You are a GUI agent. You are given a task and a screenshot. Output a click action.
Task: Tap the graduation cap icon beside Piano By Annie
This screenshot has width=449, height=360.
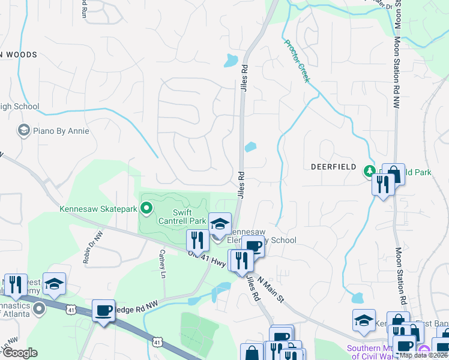(x=23, y=130)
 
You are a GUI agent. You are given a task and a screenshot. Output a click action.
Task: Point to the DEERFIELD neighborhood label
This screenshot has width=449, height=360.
(x=333, y=166)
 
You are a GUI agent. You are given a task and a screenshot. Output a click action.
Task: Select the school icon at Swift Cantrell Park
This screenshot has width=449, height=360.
(x=220, y=224)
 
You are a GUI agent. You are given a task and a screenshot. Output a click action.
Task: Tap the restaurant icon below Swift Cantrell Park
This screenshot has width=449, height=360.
(x=197, y=241)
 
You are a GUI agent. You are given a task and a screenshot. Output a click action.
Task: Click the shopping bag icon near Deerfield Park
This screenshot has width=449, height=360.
(x=393, y=175)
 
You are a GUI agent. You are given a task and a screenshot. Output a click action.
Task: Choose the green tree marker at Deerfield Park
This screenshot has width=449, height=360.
(x=370, y=172)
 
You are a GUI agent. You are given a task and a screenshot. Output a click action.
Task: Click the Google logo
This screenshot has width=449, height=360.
(x=20, y=353)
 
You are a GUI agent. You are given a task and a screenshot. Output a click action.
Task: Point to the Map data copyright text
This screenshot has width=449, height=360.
(x=423, y=355)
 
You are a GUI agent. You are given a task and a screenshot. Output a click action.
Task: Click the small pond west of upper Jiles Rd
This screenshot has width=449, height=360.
(x=231, y=61)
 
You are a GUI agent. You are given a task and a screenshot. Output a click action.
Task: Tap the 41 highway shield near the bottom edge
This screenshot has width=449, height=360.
(x=157, y=341)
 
